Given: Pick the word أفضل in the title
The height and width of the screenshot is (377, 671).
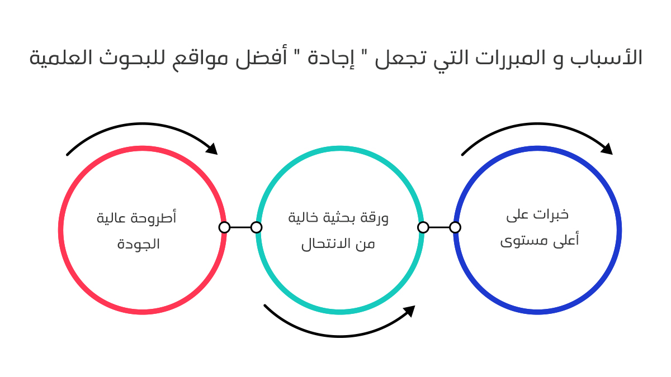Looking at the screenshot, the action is point(261,57).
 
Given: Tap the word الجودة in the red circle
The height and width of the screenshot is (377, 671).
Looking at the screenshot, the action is point(139,245).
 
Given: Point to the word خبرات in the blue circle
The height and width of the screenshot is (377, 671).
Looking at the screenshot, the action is point(551,214).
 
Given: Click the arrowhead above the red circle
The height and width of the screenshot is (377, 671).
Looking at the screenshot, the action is point(212,149).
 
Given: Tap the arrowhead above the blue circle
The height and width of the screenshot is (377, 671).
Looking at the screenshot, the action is point(607,149).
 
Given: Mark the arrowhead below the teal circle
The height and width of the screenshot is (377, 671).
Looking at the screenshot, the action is point(409,311).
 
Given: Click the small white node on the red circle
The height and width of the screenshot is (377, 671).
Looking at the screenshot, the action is point(224,227).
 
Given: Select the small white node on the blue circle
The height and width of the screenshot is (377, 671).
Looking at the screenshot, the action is point(455,227).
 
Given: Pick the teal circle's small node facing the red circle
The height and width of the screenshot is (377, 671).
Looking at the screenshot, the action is point(256,227).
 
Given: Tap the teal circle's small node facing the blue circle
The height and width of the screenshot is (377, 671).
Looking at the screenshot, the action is point(423,227).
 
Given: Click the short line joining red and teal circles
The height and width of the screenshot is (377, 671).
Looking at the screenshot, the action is point(240,227).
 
